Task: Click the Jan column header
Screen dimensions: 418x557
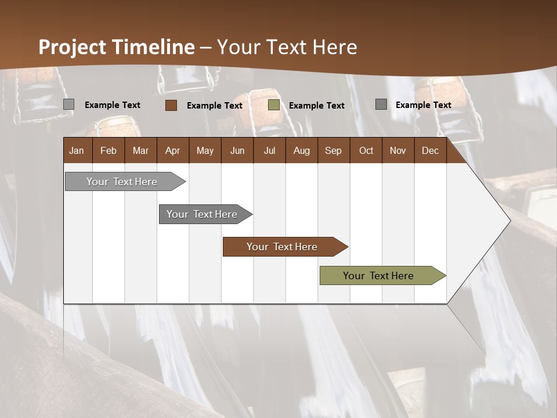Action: pos(77,151)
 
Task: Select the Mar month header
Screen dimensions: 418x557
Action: pos(140,151)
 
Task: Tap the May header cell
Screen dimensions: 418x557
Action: pos(205,151)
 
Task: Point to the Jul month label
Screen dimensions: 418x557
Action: pos(269,151)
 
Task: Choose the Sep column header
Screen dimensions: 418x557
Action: pos(333,151)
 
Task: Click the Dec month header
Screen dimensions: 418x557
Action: pos(430,151)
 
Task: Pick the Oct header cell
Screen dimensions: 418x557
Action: pos(366,151)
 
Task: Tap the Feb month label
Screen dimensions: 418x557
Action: pos(108,151)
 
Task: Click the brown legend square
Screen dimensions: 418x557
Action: pos(171,105)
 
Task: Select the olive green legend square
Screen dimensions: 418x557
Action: pos(274,105)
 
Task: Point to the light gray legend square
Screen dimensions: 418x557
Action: pos(68,105)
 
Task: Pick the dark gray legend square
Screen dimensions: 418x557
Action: pos(381,105)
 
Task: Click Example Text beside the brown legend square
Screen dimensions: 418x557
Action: pos(215,106)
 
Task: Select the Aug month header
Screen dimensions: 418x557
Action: pos(301,151)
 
